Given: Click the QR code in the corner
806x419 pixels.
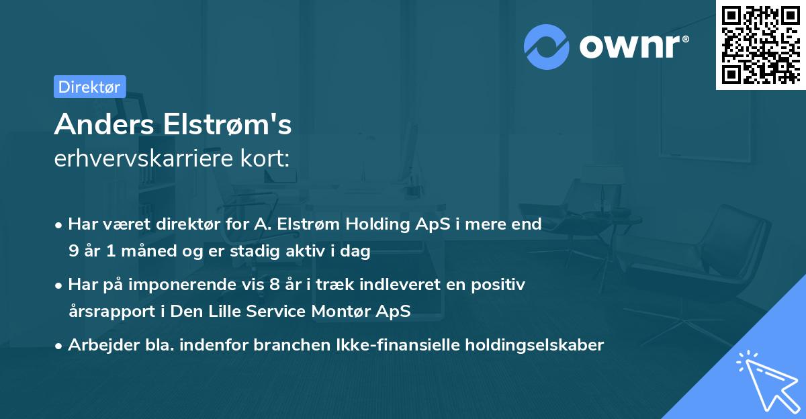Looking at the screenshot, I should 760,45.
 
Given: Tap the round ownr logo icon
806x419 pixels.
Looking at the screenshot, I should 547,46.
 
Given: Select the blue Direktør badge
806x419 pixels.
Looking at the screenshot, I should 89,86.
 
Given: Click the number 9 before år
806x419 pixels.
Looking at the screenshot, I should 73,252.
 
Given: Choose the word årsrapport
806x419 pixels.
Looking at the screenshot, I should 108,312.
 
